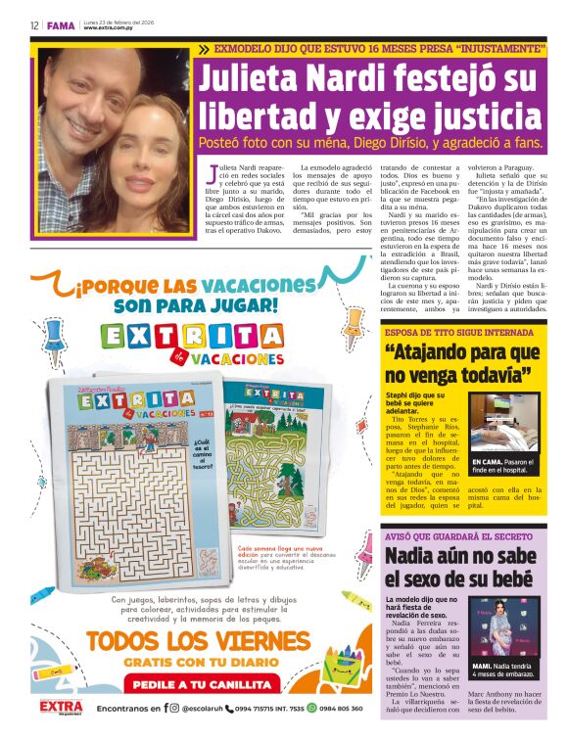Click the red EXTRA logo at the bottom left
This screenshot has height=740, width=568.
(x=60, y=707)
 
